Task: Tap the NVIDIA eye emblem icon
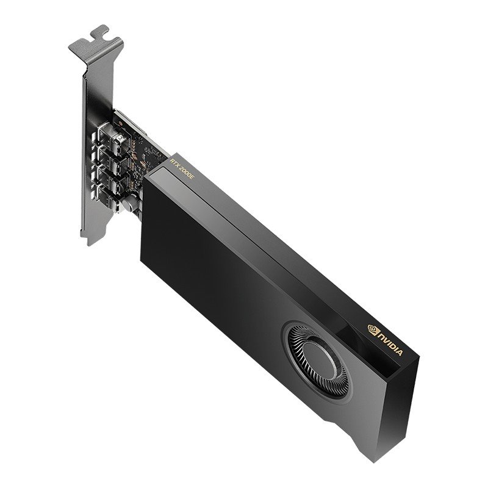[x=372, y=330]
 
